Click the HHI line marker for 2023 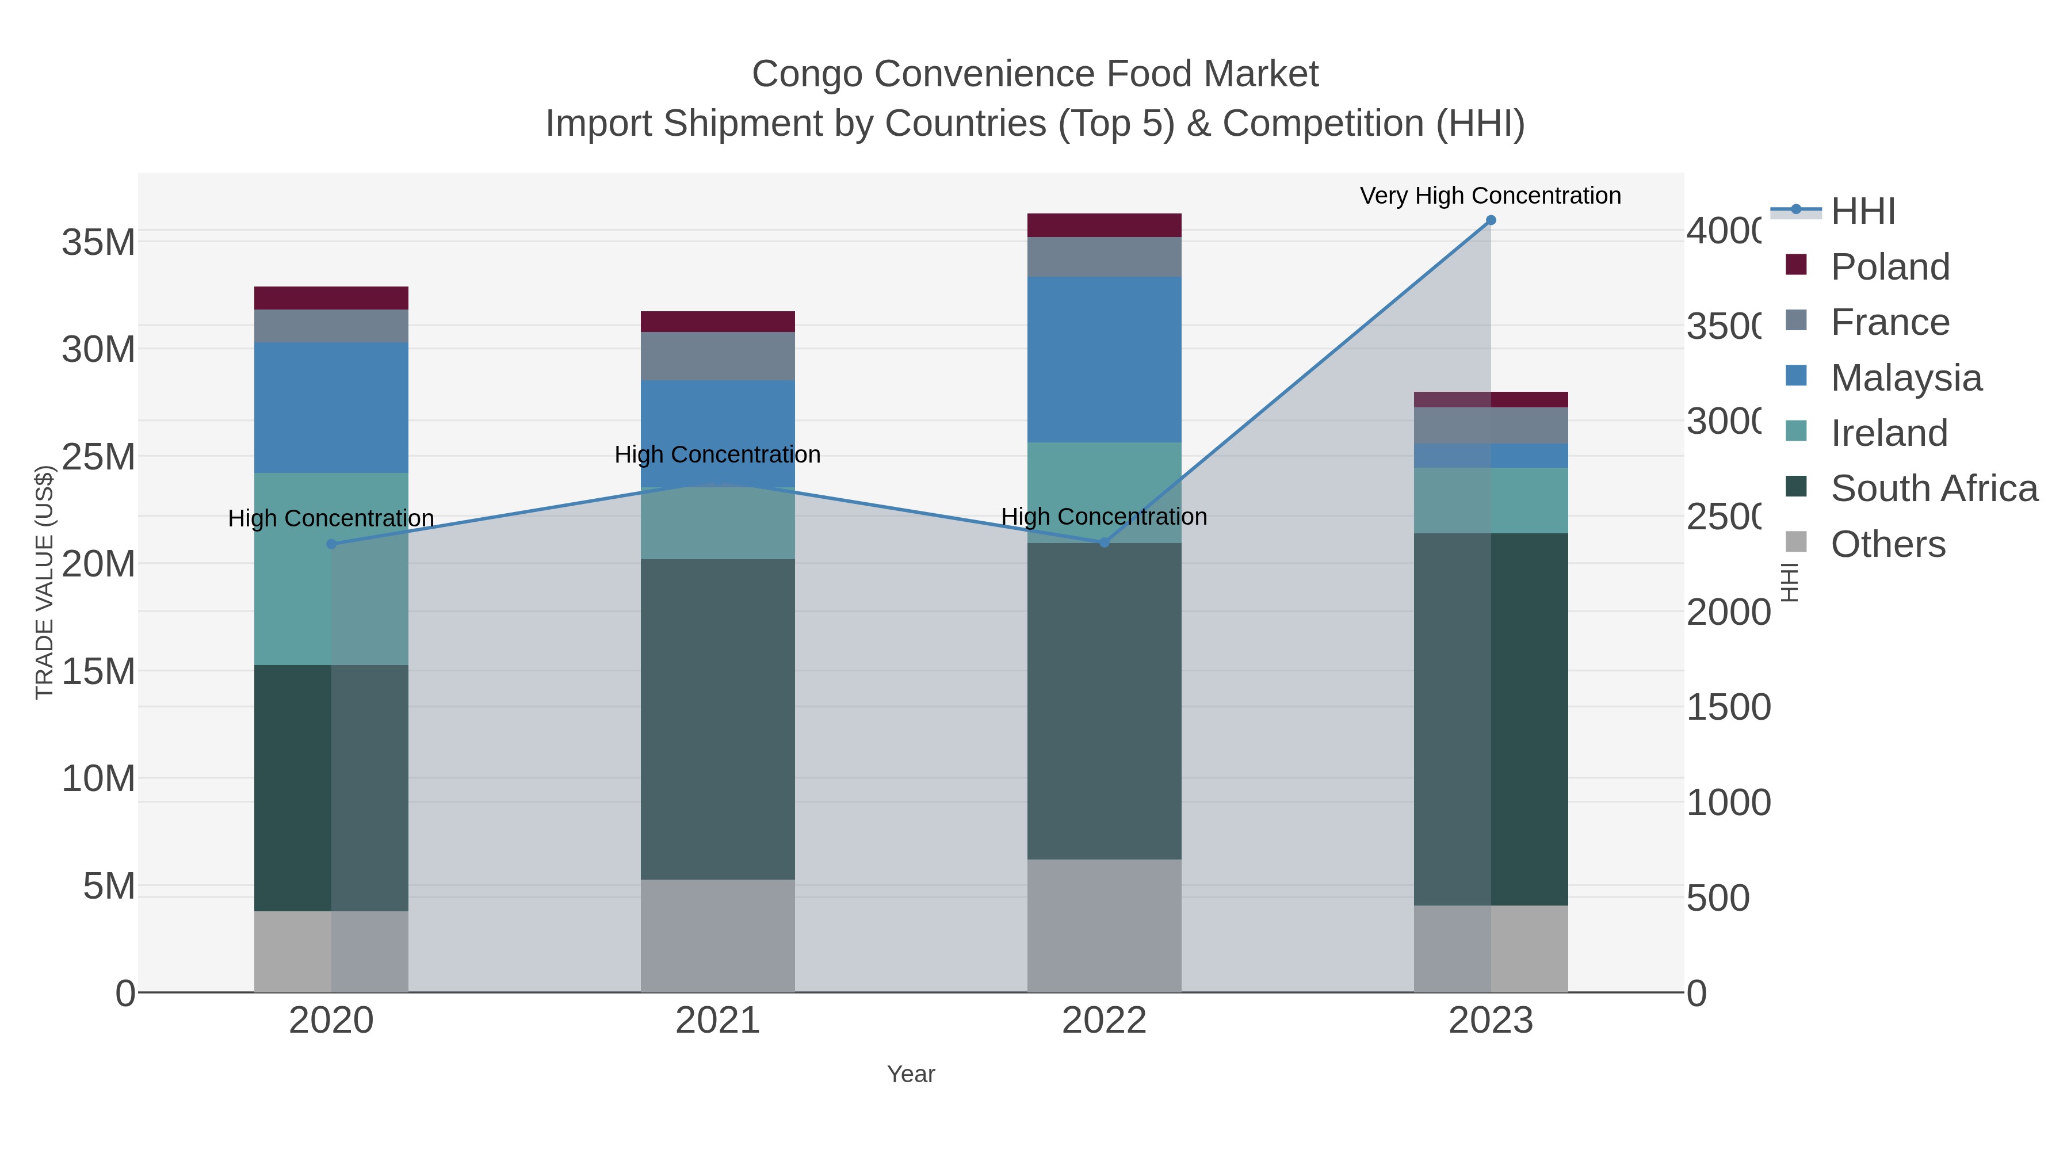coord(1491,220)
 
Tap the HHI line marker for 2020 coord(331,544)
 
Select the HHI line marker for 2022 coord(1104,543)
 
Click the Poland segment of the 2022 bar coord(1104,225)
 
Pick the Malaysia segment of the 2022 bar coord(1104,360)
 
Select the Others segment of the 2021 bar coord(717,935)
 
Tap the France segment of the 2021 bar coord(717,356)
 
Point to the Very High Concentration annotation coord(1490,196)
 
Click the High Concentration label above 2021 coord(717,454)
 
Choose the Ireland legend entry coord(1889,433)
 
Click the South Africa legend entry coord(1934,489)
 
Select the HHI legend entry coord(1862,212)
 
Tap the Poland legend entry coord(1889,267)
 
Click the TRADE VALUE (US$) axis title coord(44,582)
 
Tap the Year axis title coord(911,1074)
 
